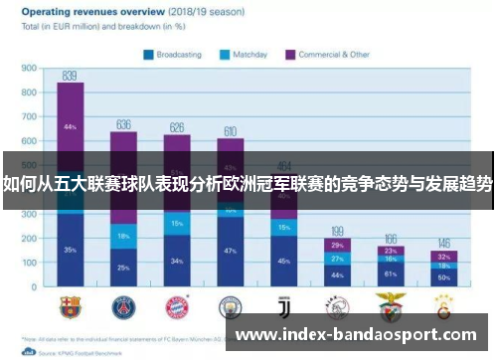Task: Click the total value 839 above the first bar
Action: [x=70, y=76]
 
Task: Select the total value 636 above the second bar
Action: [x=124, y=124]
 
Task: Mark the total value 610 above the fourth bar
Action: [x=230, y=131]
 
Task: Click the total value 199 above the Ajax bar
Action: [x=338, y=231]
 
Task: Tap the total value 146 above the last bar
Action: [x=444, y=243]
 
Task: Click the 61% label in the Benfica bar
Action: [x=391, y=272]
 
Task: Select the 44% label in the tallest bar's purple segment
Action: [x=70, y=127]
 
